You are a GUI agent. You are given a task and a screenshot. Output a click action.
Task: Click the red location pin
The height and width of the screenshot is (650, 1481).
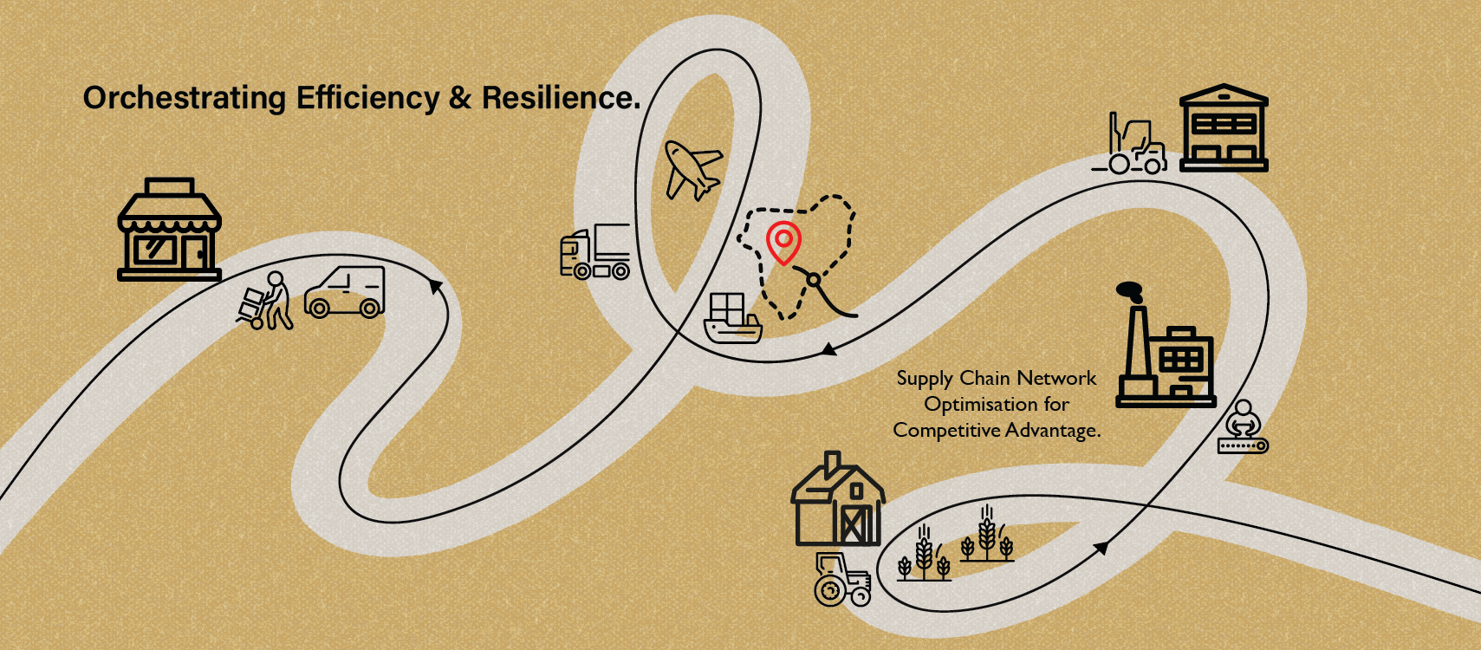pyautogui.click(x=783, y=242)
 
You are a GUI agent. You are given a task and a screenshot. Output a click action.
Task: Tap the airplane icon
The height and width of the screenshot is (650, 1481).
pyautogui.click(x=692, y=171)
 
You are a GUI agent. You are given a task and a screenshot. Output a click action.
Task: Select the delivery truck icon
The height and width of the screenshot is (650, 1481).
pyautogui.click(x=595, y=252)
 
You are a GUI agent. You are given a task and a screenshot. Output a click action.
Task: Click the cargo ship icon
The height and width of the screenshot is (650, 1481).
pyautogui.click(x=732, y=319)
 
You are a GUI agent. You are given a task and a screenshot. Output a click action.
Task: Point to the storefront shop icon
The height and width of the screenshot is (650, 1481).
pyautogui.click(x=169, y=230)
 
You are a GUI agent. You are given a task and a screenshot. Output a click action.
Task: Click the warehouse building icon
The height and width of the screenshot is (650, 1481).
pyautogui.click(x=1224, y=128)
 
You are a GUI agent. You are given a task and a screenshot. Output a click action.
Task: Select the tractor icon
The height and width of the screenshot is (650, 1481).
pyautogui.click(x=841, y=580)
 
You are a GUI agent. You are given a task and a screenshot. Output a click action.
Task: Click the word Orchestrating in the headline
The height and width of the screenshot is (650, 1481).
pyautogui.click(x=185, y=99)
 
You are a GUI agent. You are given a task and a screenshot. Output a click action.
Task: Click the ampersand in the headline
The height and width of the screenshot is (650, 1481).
pyautogui.click(x=460, y=98)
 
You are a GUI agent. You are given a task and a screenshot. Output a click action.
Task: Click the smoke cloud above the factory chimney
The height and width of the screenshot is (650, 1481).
pyautogui.click(x=1130, y=291)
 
